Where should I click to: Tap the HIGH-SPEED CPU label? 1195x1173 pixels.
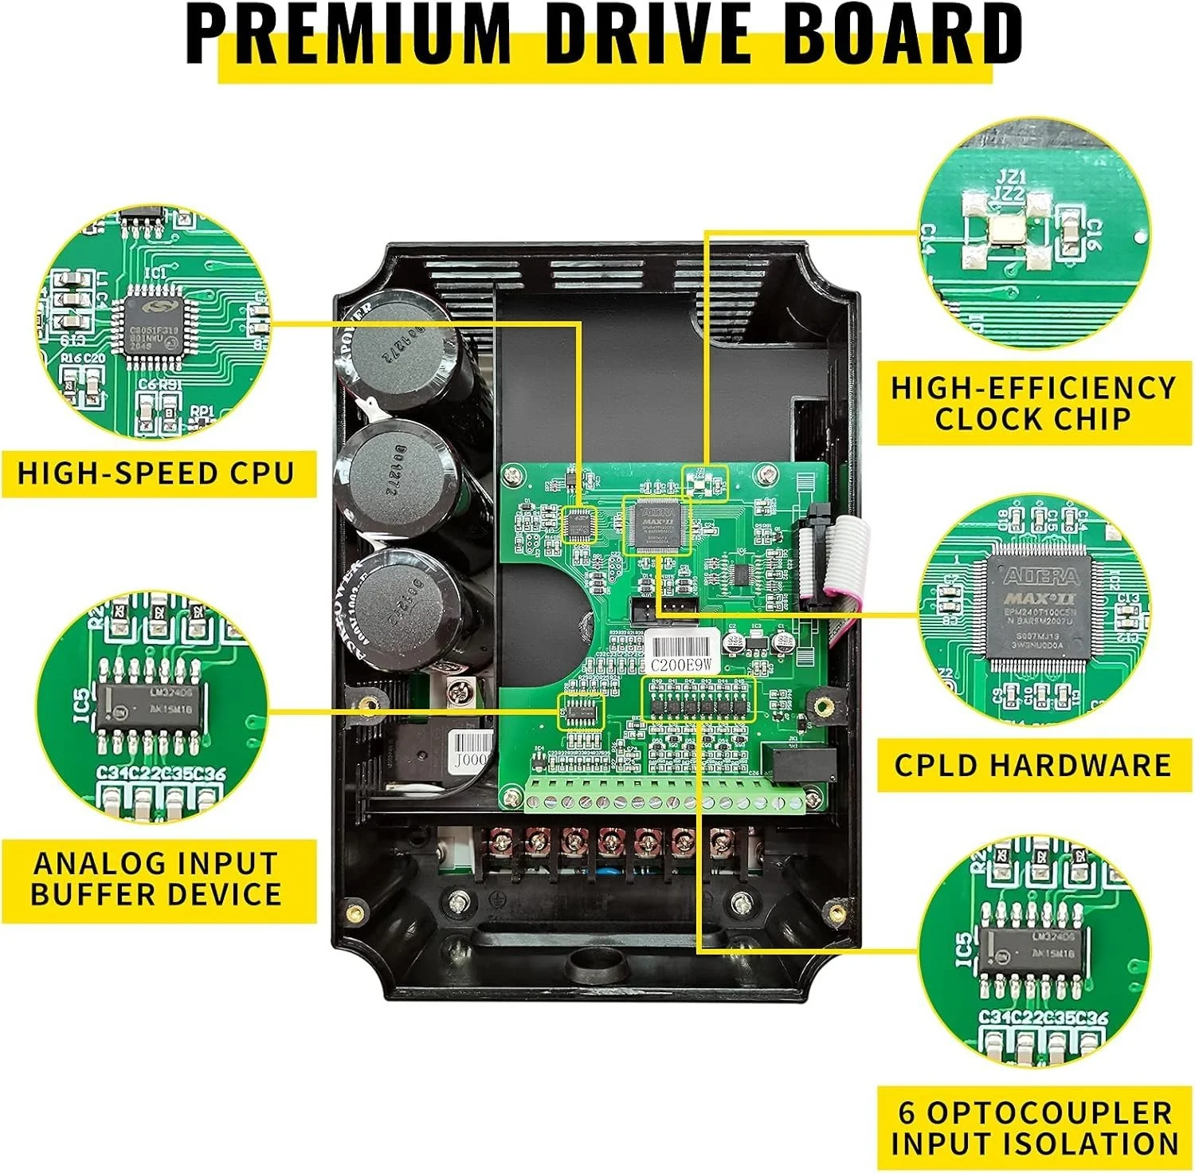coord(156,473)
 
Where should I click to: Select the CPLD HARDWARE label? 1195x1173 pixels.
coord(1032,765)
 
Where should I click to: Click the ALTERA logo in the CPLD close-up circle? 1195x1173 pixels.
coord(1040,576)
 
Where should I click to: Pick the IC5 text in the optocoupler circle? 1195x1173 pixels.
coord(963,948)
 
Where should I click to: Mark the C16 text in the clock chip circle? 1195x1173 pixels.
coord(1093,234)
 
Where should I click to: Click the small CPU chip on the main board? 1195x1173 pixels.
coord(579,524)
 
